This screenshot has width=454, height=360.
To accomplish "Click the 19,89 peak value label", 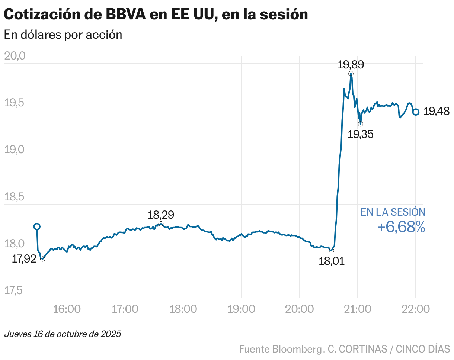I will click(351, 65).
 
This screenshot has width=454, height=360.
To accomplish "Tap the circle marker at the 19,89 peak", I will click(351, 74).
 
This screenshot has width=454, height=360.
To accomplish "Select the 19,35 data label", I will click(360, 134).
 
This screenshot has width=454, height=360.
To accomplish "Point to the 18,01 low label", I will click(332, 261).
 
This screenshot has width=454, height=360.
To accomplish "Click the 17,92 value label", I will click(24, 259).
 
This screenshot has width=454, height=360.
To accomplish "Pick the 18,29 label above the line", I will click(161, 215).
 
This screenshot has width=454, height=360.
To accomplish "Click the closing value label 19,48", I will click(437, 111).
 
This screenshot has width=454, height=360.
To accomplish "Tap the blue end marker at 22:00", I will click(416, 112).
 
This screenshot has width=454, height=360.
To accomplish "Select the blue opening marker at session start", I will click(37, 226).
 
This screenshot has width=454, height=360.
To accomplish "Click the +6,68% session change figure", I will click(401, 227).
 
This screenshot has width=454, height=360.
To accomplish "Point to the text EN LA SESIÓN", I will click(393, 212).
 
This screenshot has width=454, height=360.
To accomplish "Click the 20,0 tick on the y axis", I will click(15, 56).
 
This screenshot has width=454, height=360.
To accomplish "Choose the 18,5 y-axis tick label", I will click(15, 197).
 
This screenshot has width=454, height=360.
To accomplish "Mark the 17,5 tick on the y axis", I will click(15, 290).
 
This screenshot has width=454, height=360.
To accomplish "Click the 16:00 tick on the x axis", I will click(67, 309).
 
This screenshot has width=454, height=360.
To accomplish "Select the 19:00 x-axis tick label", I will click(242, 309).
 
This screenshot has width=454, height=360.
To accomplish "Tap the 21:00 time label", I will click(358, 309).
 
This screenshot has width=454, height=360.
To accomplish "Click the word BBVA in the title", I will click(125, 15).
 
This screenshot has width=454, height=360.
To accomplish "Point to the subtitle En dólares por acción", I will click(63, 35).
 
